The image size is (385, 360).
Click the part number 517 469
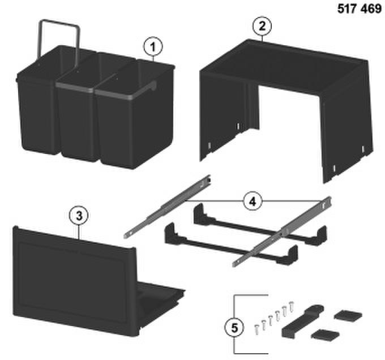tap(360, 8)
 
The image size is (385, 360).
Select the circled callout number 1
tap(153, 47)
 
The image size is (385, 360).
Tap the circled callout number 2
tap(262, 26)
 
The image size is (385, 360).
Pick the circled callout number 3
tap(79, 216)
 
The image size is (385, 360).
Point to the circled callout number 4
tap(253, 202)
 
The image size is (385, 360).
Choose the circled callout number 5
tap(234, 328)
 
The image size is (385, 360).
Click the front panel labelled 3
tap(74, 280)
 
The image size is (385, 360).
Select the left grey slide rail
tap(167, 206)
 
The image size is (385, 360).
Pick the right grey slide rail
tap(282, 232)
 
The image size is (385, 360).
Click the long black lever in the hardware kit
tap(302, 321)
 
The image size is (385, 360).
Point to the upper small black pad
tap(348, 315)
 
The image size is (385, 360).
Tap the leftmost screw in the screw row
tap(256, 329)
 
